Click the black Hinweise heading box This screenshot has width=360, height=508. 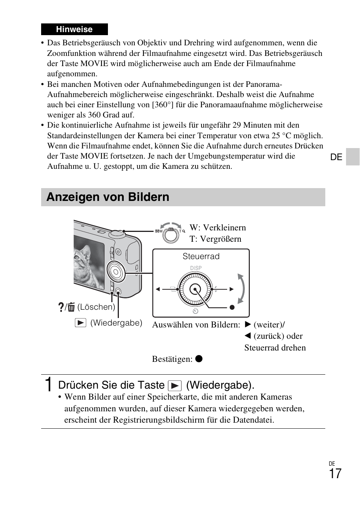[x=74, y=29]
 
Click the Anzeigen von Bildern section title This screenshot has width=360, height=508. [x=108, y=197]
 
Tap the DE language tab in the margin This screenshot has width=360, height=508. [x=336, y=157]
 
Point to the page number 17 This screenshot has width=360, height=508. [x=335, y=474]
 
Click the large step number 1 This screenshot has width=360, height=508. [x=48, y=385]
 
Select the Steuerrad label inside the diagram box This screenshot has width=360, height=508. [x=201, y=256]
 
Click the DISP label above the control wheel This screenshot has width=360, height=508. [x=196, y=268]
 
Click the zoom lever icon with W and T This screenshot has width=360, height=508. [x=171, y=234]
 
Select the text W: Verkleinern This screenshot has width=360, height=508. [x=218, y=227]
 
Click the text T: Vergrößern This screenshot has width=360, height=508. [x=215, y=239]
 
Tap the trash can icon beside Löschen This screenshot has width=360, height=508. [x=72, y=307]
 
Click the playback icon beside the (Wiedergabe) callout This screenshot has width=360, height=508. [x=80, y=323]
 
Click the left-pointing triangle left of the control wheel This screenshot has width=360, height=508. [x=158, y=289]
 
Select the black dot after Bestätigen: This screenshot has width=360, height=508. [x=199, y=358]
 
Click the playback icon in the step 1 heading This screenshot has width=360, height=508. [x=175, y=386]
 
